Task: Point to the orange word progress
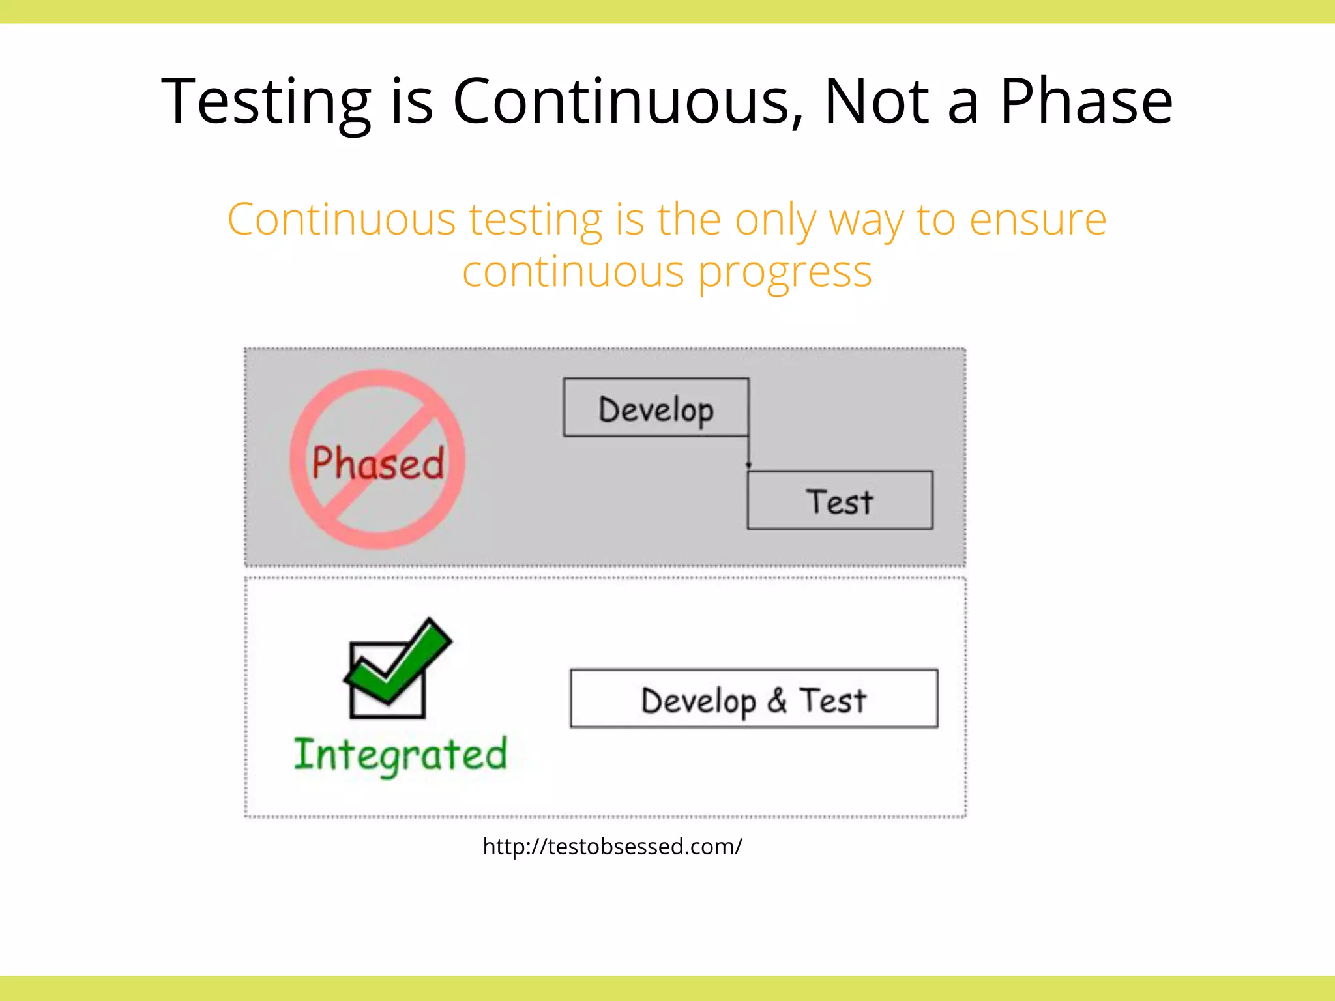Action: coord(784,272)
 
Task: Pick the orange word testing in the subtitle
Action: coord(536,220)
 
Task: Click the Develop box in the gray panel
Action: coord(656,407)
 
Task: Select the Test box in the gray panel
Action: coord(840,500)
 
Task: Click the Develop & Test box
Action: coord(754,699)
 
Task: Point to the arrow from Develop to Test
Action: coord(748,454)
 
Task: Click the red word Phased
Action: coord(377,463)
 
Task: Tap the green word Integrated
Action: coord(400,755)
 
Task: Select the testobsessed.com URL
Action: coord(612,847)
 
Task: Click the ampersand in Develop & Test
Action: coord(776,701)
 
